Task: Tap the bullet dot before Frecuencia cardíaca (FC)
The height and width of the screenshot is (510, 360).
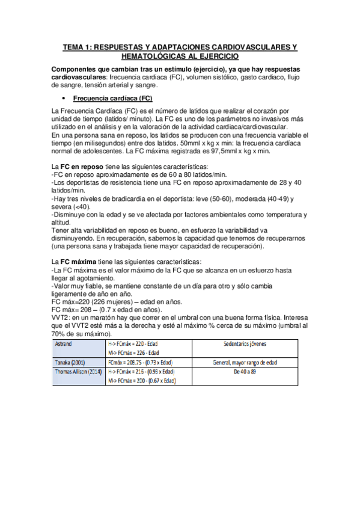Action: pyautogui.click(x=63, y=98)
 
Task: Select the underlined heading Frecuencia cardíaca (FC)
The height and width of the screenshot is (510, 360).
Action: pyautogui.click(x=112, y=98)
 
